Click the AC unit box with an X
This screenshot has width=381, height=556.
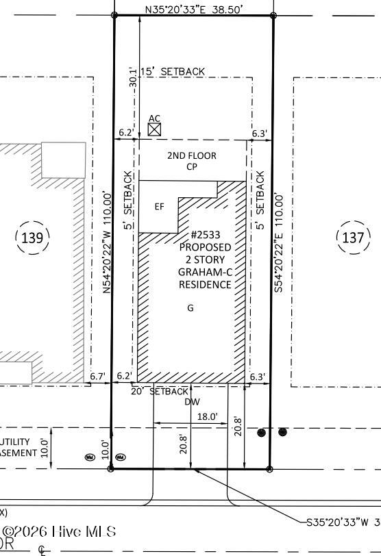point(155,129)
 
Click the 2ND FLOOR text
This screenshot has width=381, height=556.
point(191,155)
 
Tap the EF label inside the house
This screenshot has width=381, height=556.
point(159,207)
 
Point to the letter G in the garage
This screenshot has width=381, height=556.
point(190,308)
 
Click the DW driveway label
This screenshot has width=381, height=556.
point(192,402)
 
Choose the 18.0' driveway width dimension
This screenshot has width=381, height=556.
point(207,416)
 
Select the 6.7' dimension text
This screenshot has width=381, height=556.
point(98,376)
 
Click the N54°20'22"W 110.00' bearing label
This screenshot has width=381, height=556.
point(107,243)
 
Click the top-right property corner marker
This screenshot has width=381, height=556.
point(273,15)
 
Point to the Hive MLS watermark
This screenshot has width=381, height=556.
point(59,531)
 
